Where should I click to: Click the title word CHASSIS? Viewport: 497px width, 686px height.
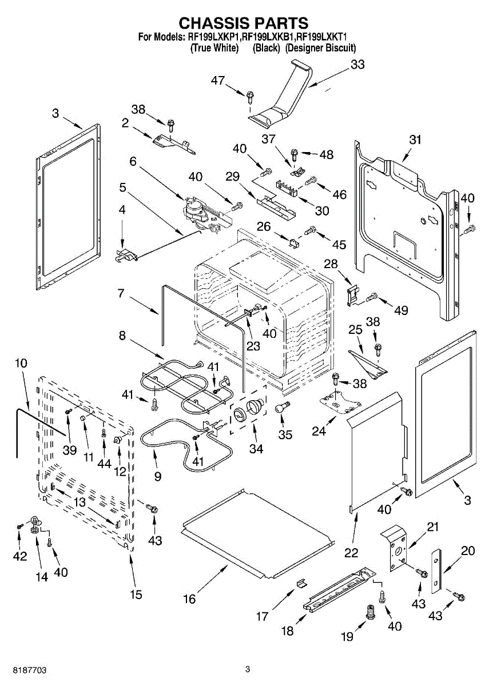(214, 23)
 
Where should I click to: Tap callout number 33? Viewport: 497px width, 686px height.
(357, 65)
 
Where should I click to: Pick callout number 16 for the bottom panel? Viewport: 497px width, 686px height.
(189, 599)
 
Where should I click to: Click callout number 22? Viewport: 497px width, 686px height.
(351, 552)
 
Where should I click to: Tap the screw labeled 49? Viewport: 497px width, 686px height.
(372, 296)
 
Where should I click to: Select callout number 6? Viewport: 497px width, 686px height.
(133, 162)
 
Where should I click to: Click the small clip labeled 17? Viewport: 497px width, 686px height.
(301, 583)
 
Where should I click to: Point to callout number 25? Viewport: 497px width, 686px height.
(356, 330)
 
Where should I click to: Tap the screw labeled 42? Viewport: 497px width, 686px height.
(19, 525)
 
